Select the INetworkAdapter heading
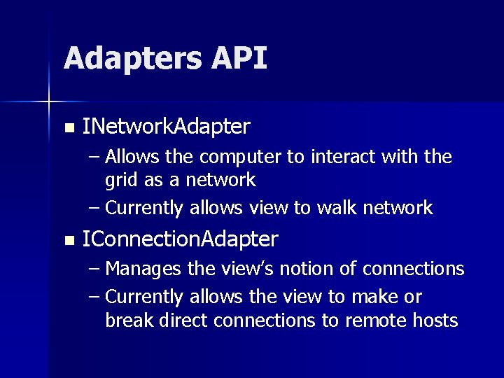tap(166, 127)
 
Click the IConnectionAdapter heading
tap(180, 239)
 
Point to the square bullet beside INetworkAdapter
tap(68, 128)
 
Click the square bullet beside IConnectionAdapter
tap(68, 241)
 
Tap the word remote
tap(381, 321)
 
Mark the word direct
tap(183, 321)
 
